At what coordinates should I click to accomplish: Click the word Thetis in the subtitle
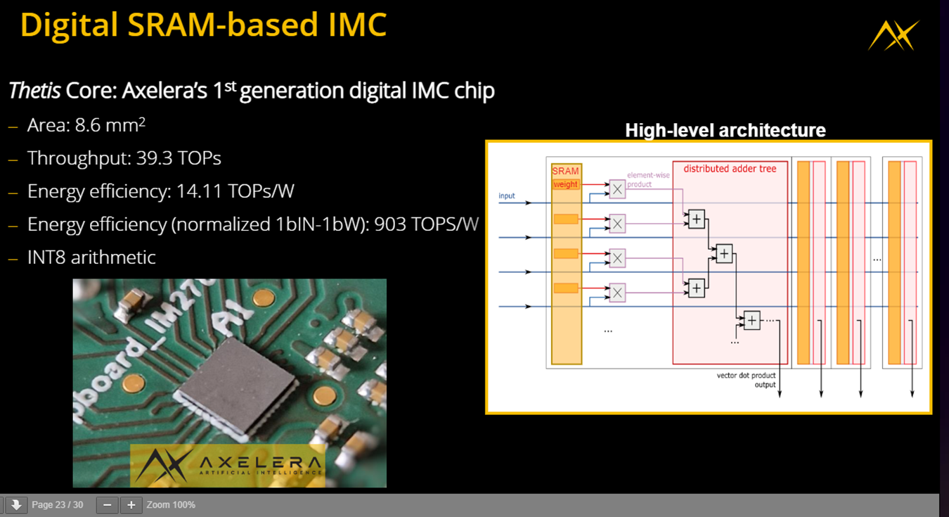coord(34,91)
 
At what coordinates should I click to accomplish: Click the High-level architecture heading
coord(725,130)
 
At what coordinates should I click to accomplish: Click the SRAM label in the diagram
coord(565,171)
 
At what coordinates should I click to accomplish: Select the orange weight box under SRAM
coord(565,184)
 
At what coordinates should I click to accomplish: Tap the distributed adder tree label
coord(730,169)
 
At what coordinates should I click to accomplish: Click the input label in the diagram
coord(506,196)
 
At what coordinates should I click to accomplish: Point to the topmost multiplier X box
coord(617,189)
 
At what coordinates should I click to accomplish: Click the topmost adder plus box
coord(696,219)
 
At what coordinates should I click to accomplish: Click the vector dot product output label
coord(746,380)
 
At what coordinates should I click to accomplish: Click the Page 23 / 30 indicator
coord(57,505)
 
